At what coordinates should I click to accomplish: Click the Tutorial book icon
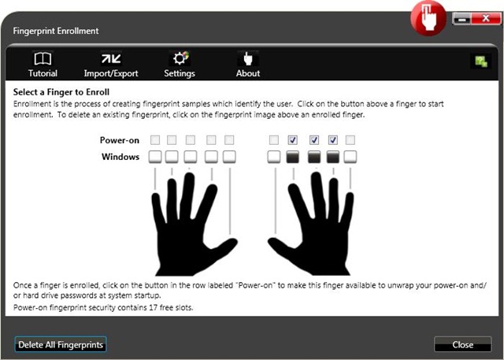(43, 59)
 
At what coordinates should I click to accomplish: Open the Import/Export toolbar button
(111, 65)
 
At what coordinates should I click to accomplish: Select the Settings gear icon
(180, 58)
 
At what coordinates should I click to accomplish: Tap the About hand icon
(248, 58)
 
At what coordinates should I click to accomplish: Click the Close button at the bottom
(462, 344)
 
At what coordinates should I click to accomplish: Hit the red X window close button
(486, 18)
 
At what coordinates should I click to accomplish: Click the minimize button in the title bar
(462, 19)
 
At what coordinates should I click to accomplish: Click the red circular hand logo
(428, 18)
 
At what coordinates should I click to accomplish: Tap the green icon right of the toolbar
(481, 61)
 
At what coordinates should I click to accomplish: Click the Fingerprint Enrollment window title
(56, 31)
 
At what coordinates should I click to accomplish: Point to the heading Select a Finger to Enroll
(61, 92)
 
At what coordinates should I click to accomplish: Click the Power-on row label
(119, 140)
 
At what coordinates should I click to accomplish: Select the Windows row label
(120, 157)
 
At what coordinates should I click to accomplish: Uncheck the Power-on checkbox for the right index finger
(292, 139)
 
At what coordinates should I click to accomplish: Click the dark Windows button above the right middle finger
(314, 157)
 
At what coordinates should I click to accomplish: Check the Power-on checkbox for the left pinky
(155, 139)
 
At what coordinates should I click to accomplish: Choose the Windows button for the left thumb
(229, 157)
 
